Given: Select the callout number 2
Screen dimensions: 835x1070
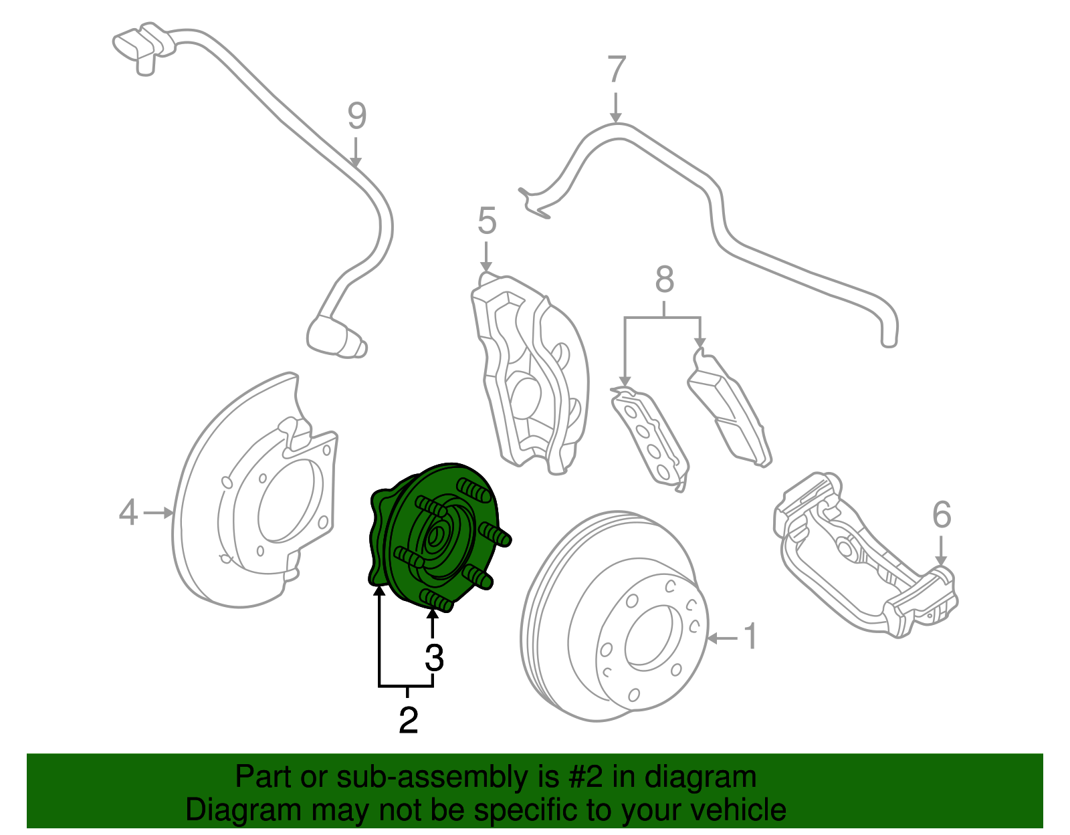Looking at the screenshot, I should coord(408,719).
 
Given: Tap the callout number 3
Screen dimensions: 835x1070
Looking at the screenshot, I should coord(434,658).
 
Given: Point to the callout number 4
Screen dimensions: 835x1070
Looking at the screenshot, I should coord(128,513).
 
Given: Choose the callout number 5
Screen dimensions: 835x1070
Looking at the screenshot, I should coord(487,221).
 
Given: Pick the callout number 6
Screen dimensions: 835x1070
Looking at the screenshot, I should coord(941,515).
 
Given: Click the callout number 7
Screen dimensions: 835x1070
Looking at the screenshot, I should coord(616,70).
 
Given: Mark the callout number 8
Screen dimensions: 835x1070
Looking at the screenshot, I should coord(663,280).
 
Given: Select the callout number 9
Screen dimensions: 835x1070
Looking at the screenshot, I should coord(357,116).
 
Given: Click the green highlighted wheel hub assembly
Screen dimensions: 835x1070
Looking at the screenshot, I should coord(438,535).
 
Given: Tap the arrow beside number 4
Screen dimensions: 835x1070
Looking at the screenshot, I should coord(158,513).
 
